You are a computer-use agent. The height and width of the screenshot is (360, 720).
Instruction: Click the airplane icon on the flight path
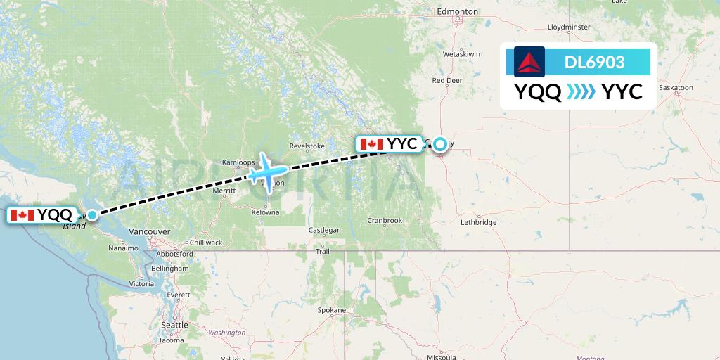(x=264, y=169)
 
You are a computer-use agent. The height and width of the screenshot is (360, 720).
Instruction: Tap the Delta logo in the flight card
(x=529, y=62)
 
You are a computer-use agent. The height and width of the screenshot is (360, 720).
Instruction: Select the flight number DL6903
(x=594, y=63)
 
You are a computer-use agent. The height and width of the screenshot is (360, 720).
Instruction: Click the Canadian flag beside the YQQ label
(x=23, y=215)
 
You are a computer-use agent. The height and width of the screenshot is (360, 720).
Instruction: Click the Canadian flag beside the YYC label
(x=371, y=144)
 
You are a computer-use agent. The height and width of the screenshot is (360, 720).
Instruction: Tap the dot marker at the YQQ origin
(x=92, y=214)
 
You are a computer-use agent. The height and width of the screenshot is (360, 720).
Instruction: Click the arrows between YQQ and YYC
(x=581, y=92)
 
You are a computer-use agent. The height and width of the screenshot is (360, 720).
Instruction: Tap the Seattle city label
(x=174, y=325)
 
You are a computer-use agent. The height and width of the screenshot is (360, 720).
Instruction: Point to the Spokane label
(x=331, y=310)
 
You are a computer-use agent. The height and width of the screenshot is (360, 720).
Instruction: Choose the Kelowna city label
(x=265, y=212)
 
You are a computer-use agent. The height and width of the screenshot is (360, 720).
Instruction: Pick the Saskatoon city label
(x=676, y=88)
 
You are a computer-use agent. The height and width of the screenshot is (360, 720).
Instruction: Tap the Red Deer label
(x=447, y=80)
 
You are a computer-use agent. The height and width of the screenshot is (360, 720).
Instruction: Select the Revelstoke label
(x=307, y=146)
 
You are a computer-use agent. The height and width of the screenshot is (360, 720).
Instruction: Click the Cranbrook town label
(x=385, y=220)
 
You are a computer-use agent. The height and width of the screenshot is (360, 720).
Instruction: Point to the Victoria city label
(x=141, y=284)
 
